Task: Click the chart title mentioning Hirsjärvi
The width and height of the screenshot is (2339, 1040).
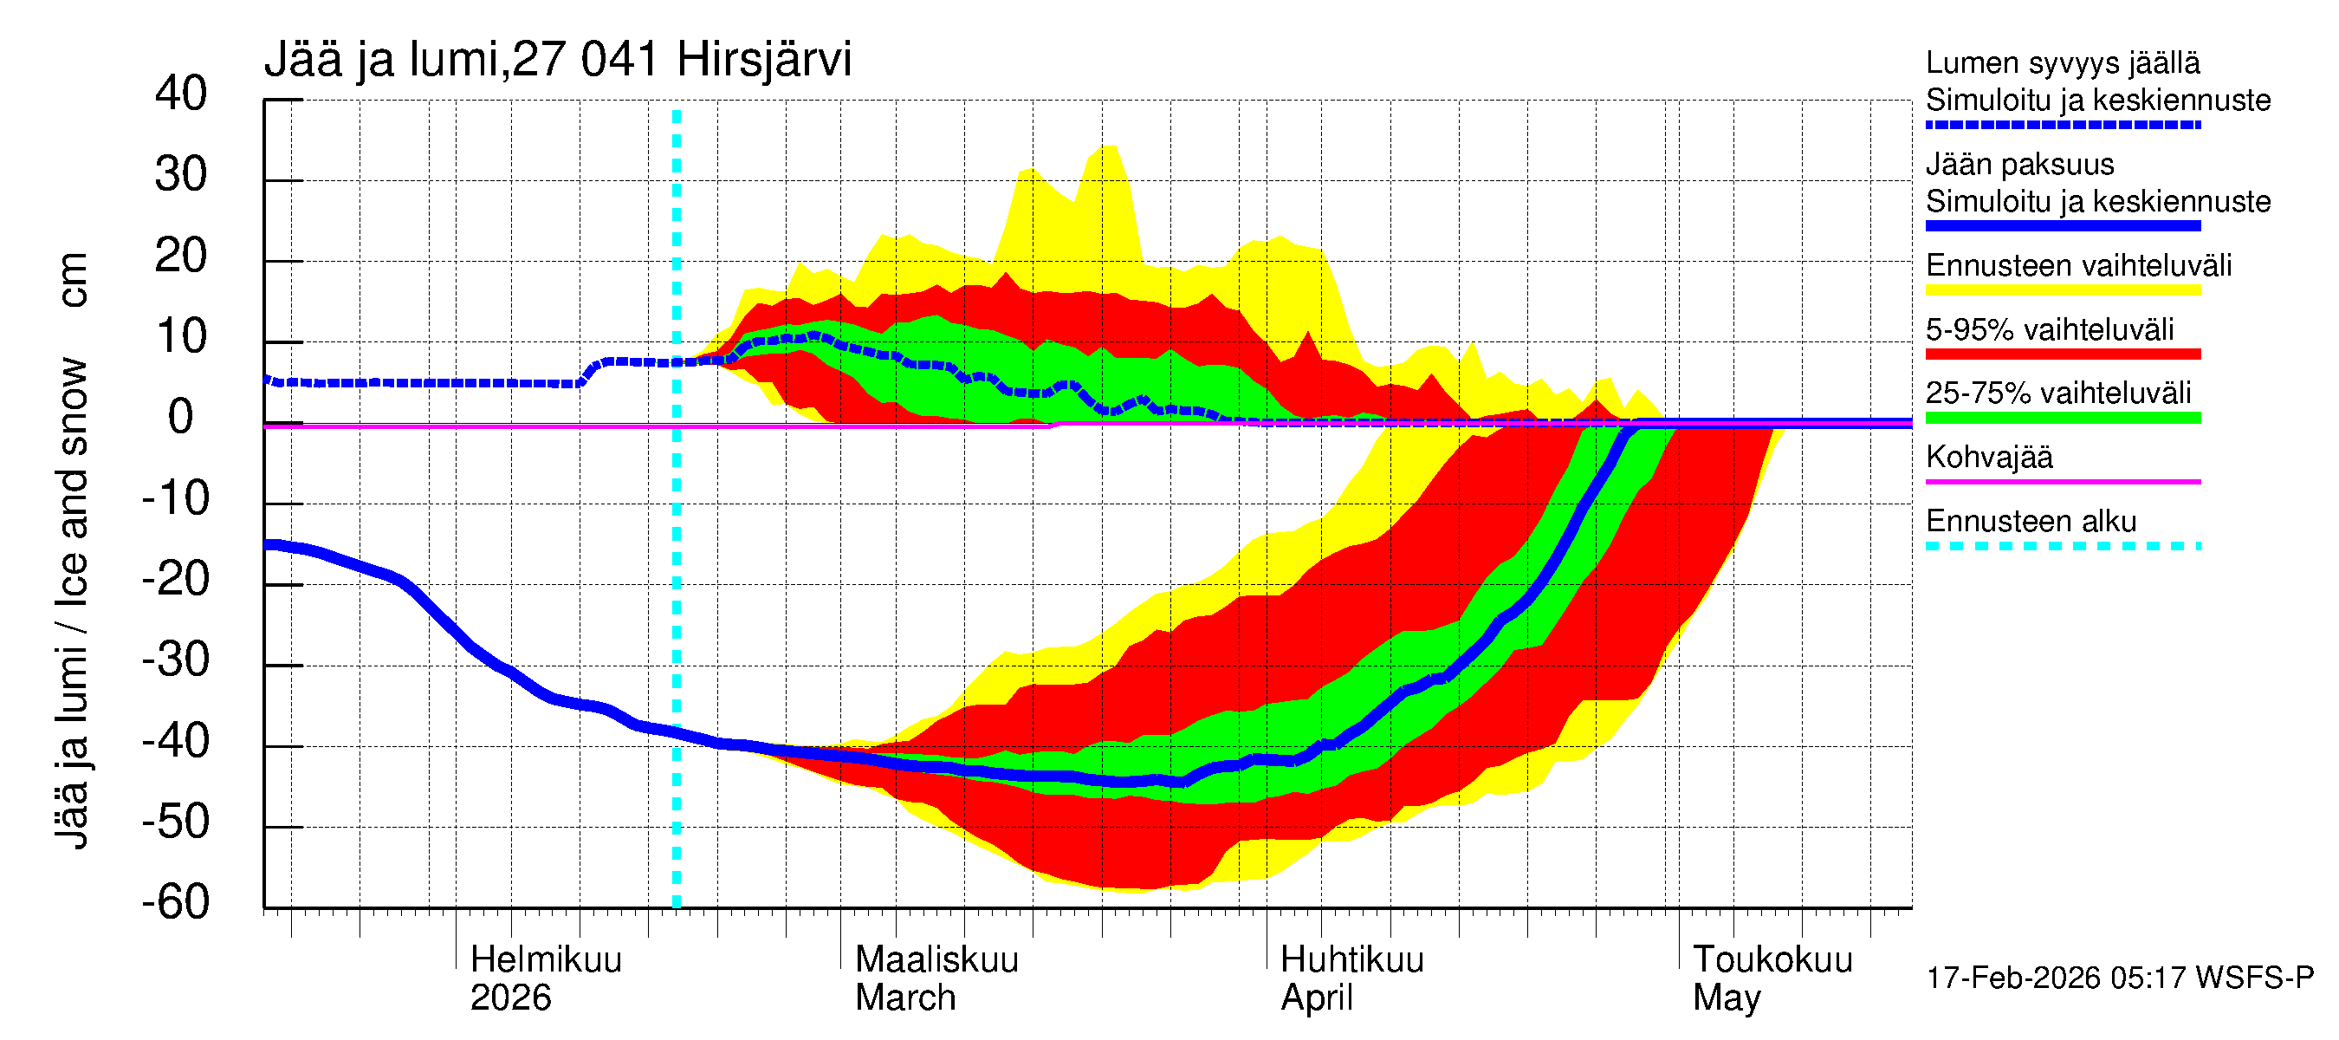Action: [558, 60]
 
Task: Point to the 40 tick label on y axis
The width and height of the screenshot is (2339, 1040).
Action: [181, 94]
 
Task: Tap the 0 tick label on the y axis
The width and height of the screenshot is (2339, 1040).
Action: [181, 417]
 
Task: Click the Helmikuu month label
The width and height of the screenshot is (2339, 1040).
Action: [546, 959]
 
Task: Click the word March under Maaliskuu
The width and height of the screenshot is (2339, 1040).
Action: [905, 998]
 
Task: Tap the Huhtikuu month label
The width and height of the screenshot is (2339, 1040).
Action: [1351, 959]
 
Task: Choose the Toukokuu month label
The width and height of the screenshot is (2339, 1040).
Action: [1772, 959]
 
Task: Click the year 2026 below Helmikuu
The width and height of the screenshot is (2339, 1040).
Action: [510, 998]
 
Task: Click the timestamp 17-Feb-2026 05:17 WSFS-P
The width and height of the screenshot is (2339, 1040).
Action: [2119, 978]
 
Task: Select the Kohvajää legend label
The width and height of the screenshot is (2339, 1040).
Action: [1988, 457]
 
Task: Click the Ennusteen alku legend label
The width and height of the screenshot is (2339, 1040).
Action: [2031, 522]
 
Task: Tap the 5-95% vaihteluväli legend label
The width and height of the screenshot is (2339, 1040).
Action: [2050, 328]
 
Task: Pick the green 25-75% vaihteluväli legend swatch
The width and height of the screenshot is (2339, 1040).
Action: [2062, 418]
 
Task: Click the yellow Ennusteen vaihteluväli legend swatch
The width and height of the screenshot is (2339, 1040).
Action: [2062, 290]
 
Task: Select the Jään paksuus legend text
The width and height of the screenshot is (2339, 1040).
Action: [2019, 165]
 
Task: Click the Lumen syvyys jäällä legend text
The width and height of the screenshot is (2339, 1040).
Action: [2062, 62]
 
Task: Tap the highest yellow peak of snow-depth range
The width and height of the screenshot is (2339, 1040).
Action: [1109, 148]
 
